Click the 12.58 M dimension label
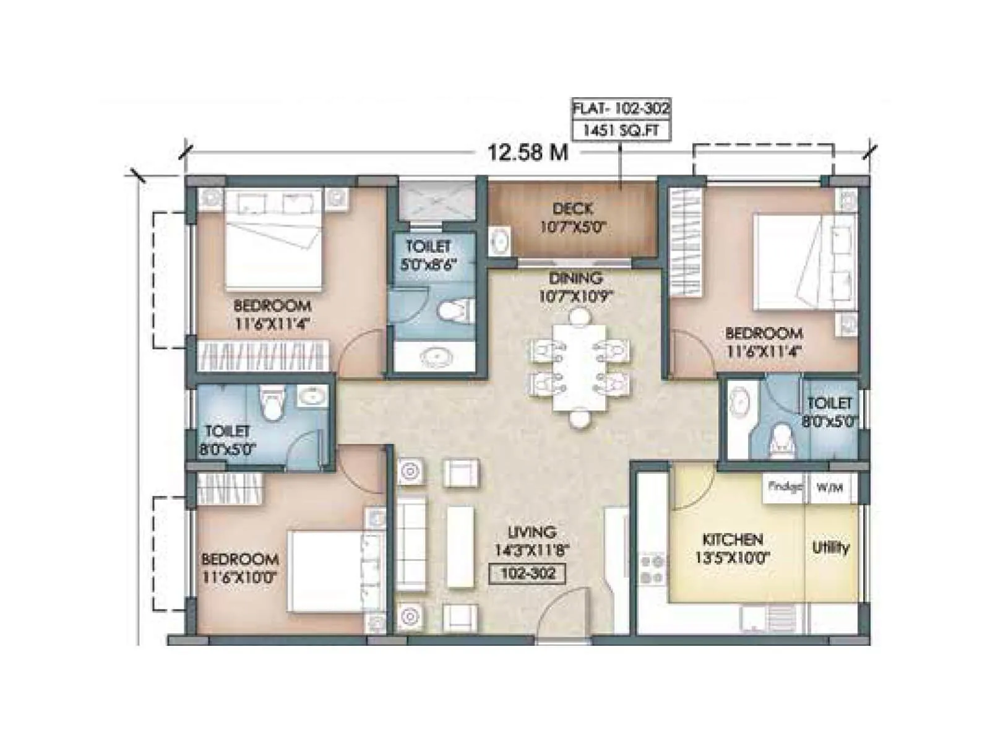coord(527,152)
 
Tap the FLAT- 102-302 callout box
coord(621,108)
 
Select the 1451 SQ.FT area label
coord(621,131)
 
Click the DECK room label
coord(572,209)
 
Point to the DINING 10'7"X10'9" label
coord(575,287)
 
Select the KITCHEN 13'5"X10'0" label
coord(732,549)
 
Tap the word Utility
coord(830,548)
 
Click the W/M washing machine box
coord(830,488)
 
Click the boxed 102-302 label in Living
coord(528,573)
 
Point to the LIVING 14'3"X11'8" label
coord(532,541)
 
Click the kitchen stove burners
coord(653,570)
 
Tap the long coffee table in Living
coord(460,547)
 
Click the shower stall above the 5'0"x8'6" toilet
coord(436,199)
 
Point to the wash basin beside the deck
coord(500,240)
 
